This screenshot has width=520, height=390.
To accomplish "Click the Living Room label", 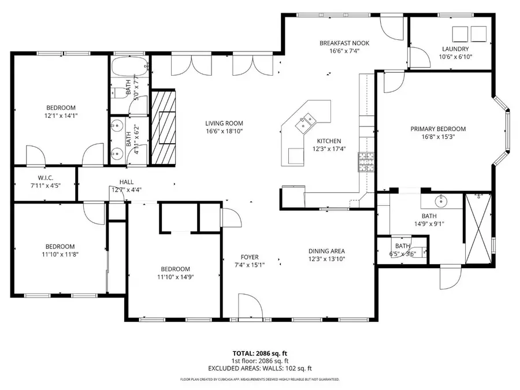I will point(224,123).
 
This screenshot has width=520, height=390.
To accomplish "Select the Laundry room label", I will point(455,49).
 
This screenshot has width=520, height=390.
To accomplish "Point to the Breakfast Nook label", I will point(344,43).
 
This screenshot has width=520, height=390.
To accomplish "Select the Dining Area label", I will point(326,251).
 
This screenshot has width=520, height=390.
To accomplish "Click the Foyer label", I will point(250,257).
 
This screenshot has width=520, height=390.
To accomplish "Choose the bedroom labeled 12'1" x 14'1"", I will point(61,107).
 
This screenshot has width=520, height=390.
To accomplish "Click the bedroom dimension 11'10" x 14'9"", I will point(175,277).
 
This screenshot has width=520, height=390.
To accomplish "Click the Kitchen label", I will point(329,141).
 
